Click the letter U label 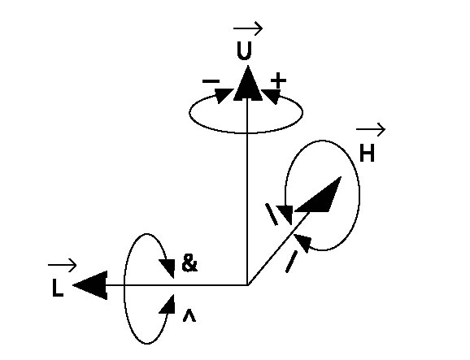tap(244, 50)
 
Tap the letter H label tap(367, 153)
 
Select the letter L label tap(58, 288)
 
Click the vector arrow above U tap(248, 28)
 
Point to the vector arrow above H tap(371, 129)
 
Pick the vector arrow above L tap(62, 265)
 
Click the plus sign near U tap(278, 80)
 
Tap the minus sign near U tap(211, 81)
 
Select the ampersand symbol tap(189, 263)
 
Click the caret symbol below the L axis tap(189, 316)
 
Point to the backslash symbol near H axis tap(272, 215)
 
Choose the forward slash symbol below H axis tap(291, 262)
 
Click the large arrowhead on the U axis tap(247, 84)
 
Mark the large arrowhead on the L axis tap(90, 285)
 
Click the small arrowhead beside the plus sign tap(272, 96)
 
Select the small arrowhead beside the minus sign tap(224, 95)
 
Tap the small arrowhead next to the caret tap(168, 305)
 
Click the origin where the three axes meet tap(247, 284)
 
